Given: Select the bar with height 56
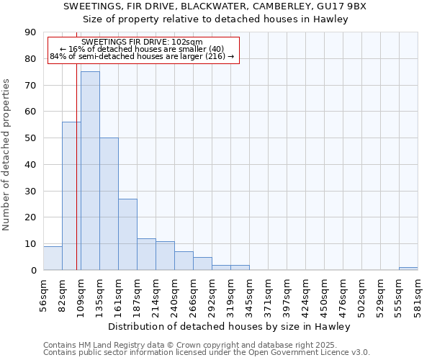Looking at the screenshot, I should pos(71,196).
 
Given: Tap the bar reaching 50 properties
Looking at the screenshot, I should pos(109,204).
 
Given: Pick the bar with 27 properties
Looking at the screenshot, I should pos(127,234).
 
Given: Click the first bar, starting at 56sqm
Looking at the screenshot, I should pos(53,258).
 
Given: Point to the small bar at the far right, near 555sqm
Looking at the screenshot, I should pos(408,269).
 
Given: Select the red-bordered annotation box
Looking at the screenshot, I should pos(143,50).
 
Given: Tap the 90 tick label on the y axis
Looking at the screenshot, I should pos(30,32).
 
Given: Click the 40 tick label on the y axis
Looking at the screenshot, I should pos(30,164).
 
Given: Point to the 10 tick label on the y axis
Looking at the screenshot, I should pos(30,243).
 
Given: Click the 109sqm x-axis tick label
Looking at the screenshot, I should pos(81,293).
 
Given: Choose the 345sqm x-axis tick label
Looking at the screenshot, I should pos(249,293).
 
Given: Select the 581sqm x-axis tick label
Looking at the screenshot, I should pos(418,293).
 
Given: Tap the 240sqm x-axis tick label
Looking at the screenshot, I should pos(174,293).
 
